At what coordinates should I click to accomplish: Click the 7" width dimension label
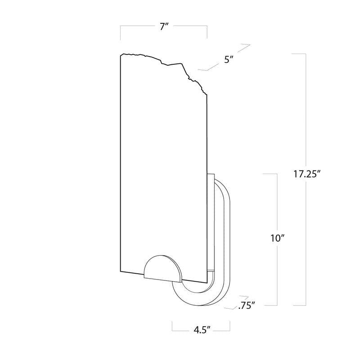click(x=163, y=27)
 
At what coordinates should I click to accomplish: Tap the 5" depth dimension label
click(x=229, y=60)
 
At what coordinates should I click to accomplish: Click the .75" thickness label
click(x=247, y=306)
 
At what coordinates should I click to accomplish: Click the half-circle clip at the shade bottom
click(x=163, y=269)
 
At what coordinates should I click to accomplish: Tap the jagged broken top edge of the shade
click(x=164, y=62)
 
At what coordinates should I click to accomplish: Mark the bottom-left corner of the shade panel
click(x=121, y=271)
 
